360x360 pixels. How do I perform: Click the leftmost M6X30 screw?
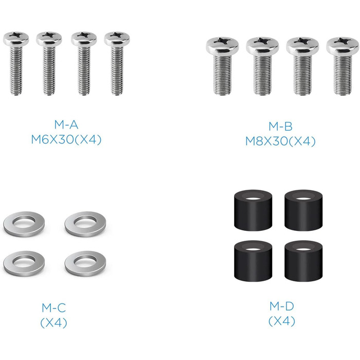point(16,63)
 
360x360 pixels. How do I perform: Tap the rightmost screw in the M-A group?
point(117,63)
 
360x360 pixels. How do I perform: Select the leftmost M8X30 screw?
point(222,66)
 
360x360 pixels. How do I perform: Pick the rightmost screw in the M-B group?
point(343,66)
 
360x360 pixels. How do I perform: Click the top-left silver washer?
point(24,224)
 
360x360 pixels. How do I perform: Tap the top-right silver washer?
point(85,224)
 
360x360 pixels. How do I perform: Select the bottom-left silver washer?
point(24,263)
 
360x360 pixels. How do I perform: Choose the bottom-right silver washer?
point(85,263)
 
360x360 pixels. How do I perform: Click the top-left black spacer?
point(253,210)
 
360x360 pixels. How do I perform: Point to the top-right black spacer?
point(303,210)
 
